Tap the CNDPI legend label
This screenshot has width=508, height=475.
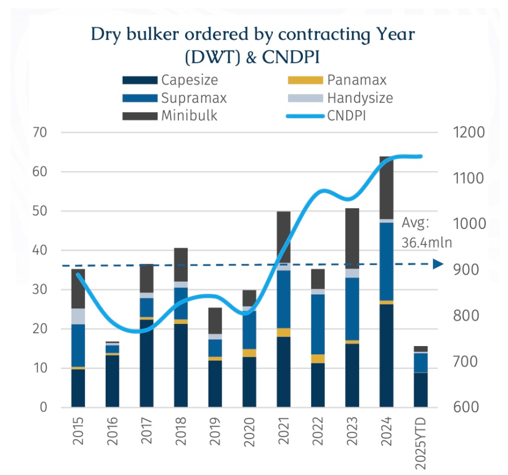pos(350,116)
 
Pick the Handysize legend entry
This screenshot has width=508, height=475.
pos(359,98)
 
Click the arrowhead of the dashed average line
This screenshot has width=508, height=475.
pos(437,264)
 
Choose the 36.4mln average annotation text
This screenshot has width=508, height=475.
pos(426,243)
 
